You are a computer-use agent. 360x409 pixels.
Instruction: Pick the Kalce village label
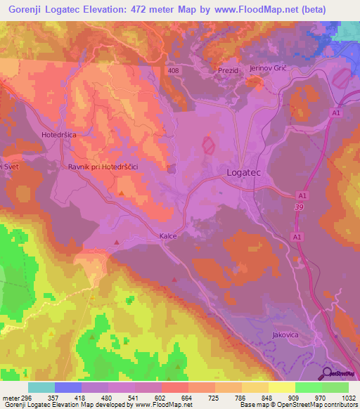[167, 236]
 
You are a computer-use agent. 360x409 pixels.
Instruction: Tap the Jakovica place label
[284, 335]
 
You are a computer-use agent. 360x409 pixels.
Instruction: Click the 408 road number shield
[174, 71]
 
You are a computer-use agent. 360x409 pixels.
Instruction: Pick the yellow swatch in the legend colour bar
[281, 387]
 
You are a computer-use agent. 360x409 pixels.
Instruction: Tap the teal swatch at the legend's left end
[41, 387]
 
